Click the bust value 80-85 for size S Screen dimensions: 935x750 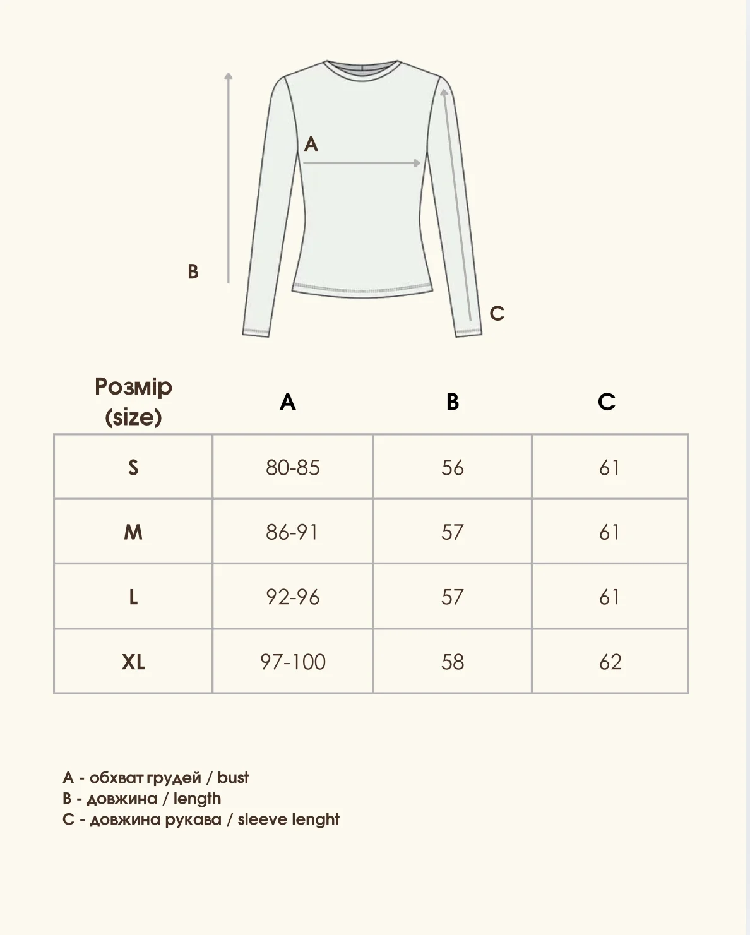click(293, 468)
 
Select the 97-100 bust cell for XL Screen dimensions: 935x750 click(293, 662)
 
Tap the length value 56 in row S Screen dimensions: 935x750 click(453, 468)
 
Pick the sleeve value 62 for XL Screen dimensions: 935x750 click(610, 662)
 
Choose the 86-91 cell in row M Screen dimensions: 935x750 click(292, 532)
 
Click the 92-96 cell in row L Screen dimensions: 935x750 click(293, 597)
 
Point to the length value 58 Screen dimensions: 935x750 click(453, 662)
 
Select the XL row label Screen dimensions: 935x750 click(133, 662)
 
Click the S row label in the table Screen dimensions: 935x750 click(133, 468)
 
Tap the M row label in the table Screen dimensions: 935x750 click(133, 532)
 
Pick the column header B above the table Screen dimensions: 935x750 click(453, 402)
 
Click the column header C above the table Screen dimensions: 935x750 click(607, 402)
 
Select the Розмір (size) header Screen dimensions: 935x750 click(133, 402)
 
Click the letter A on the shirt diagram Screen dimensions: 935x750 click(311, 145)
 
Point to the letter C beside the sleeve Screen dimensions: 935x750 click(497, 313)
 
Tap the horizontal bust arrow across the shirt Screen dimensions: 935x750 click(362, 164)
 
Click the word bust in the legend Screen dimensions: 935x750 click(233, 777)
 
